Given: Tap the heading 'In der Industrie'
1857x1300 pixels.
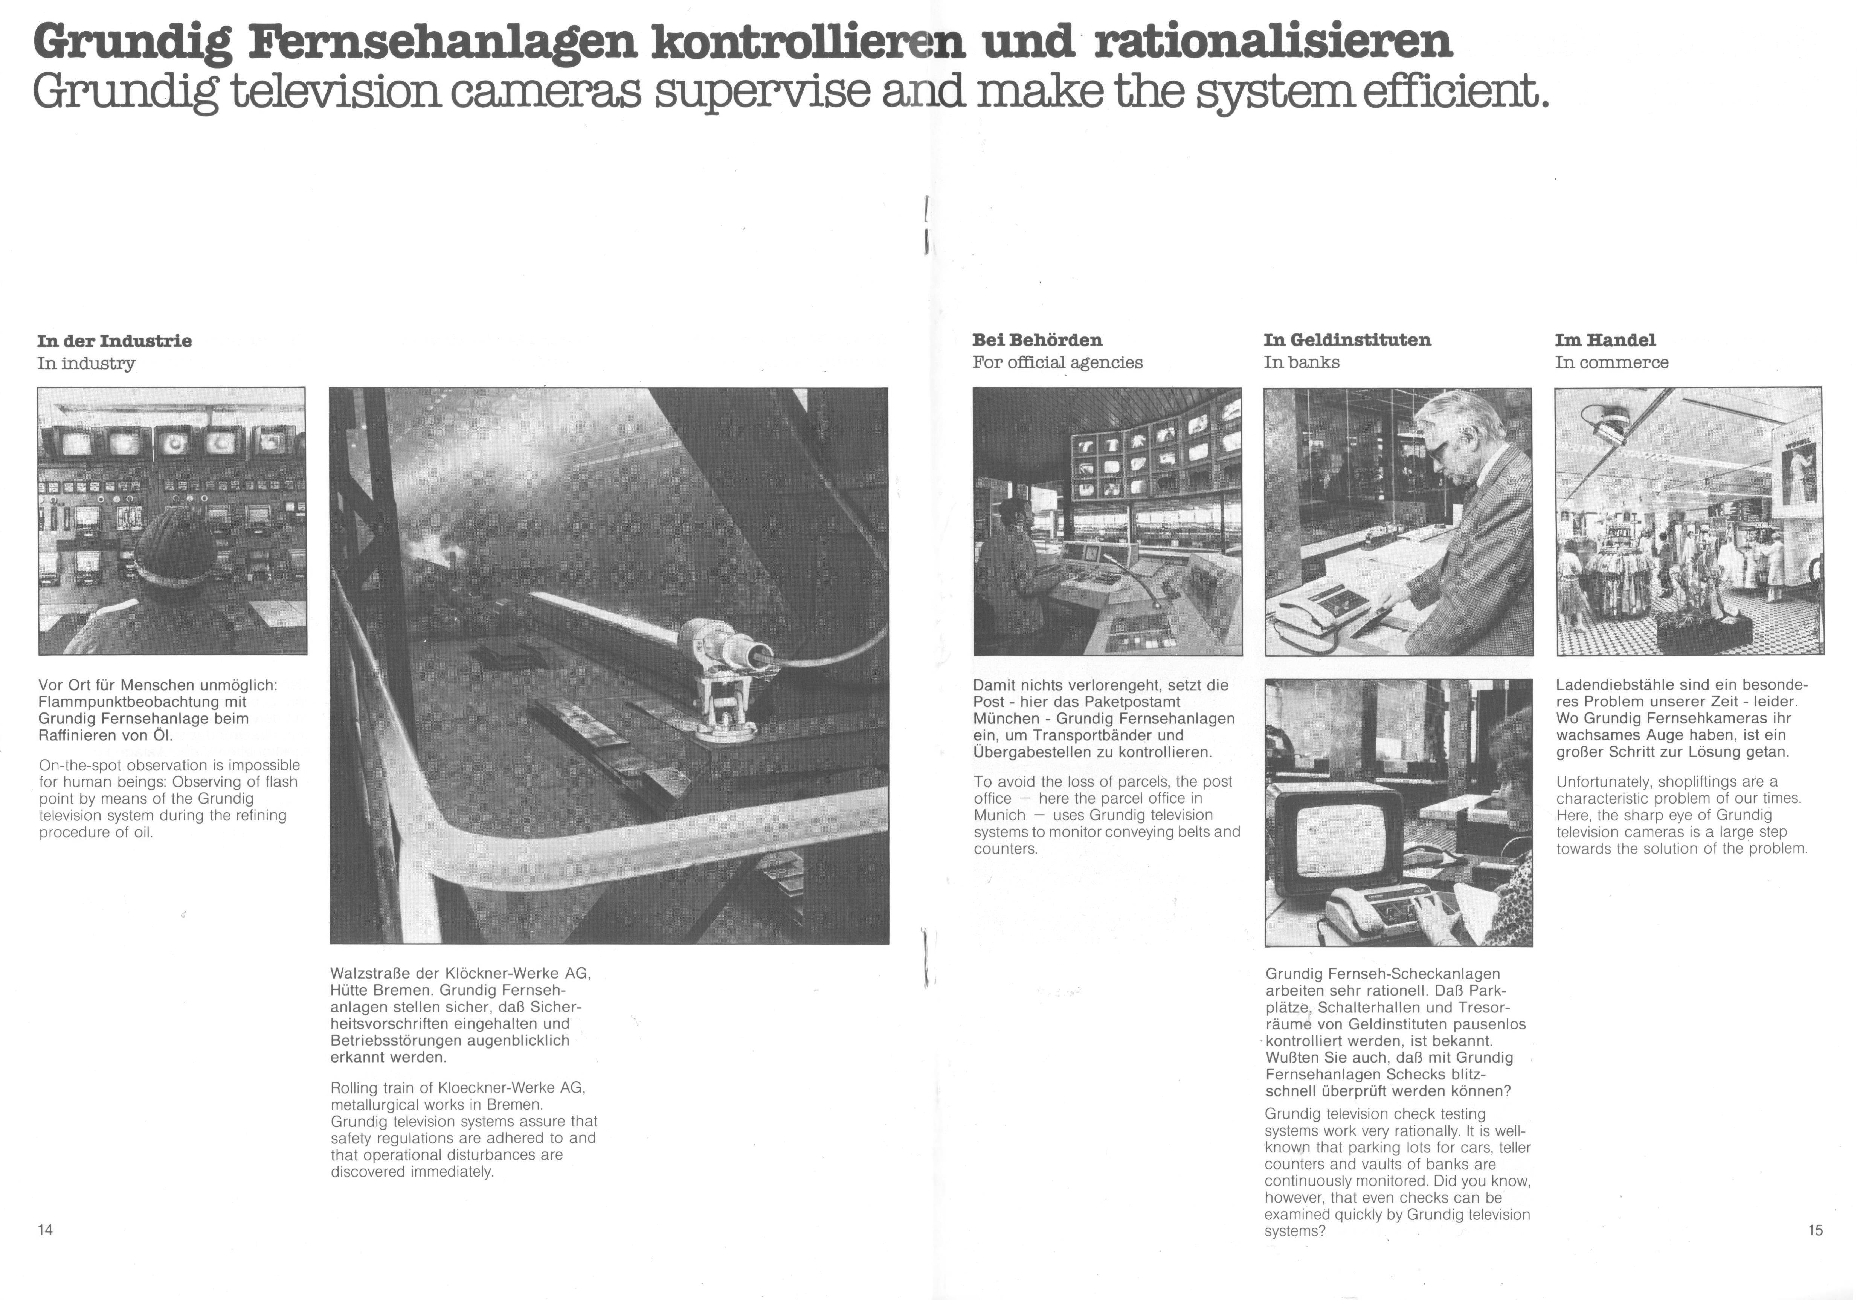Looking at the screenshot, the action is [x=114, y=340].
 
